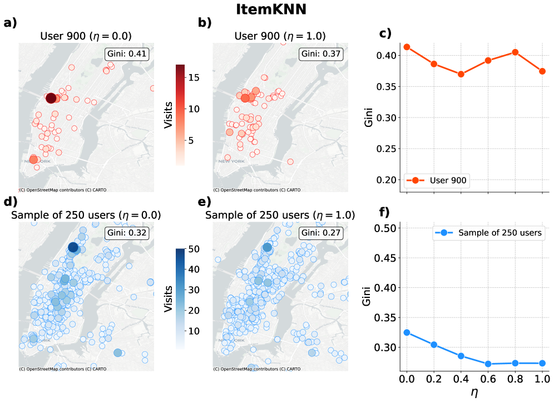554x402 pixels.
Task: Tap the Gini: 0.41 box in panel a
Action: (x=127, y=54)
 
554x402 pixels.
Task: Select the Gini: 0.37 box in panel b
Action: (x=321, y=54)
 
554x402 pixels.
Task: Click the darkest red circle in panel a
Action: (x=51, y=98)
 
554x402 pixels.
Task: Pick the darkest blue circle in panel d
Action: (x=73, y=247)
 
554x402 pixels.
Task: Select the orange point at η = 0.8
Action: (x=515, y=52)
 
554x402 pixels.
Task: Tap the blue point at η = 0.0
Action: (x=407, y=332)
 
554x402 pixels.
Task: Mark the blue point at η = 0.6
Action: (x=488, y=364)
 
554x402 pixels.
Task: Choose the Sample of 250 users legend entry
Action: (x=488, y=233)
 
